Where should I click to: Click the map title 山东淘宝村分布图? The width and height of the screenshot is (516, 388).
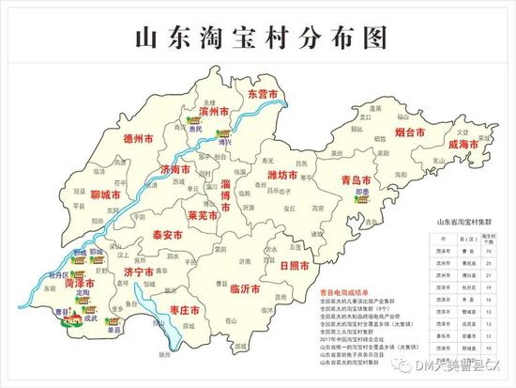[x=257, y=39]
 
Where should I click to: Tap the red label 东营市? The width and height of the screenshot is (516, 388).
[x=263, y=96]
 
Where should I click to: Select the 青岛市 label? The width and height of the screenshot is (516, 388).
[x=357, y=178]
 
